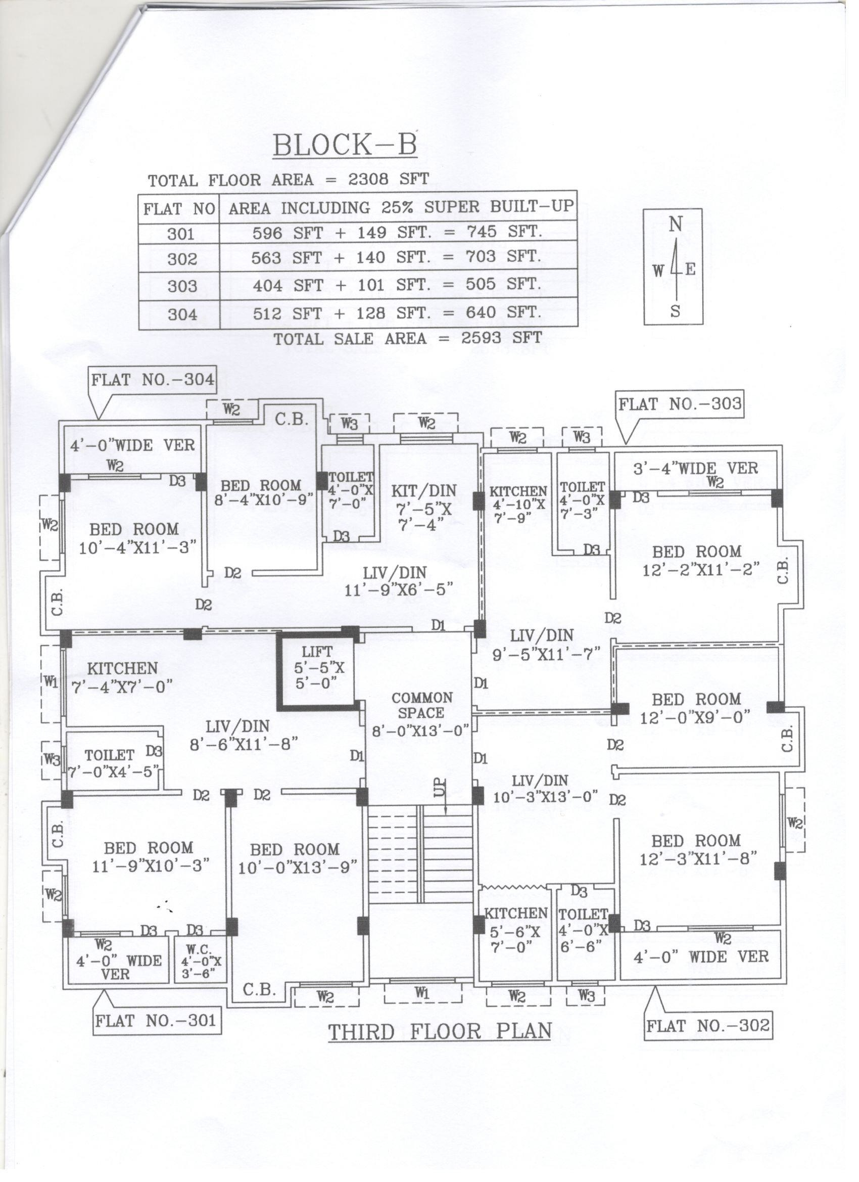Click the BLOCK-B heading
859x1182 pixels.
345,145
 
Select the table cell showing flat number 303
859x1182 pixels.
182,286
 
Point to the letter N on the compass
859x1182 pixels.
675,224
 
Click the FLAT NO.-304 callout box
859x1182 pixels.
152,379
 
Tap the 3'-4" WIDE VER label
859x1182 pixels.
695,469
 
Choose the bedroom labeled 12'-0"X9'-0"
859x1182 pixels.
696,708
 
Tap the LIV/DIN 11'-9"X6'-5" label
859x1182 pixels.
399,580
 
